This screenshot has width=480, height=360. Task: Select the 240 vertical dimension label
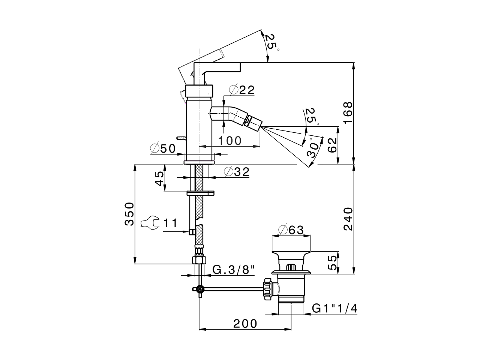(x=348, y=219)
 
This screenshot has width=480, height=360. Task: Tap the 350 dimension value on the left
(x=129, y=214)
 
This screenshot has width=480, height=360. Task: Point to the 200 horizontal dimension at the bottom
(x=246, y=323)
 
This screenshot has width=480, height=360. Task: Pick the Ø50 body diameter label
(x=163, y=149)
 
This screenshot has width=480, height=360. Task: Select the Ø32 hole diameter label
(x=237, y=172)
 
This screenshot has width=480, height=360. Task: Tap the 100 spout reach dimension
(x=229, y=141)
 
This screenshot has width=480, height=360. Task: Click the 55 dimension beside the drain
(x=332, y=262)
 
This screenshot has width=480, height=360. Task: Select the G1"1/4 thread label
(x=335, y=308)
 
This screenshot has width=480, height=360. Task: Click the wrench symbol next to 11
(x=149, y=223)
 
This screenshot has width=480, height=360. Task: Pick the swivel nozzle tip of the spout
(x=254, y=123)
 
